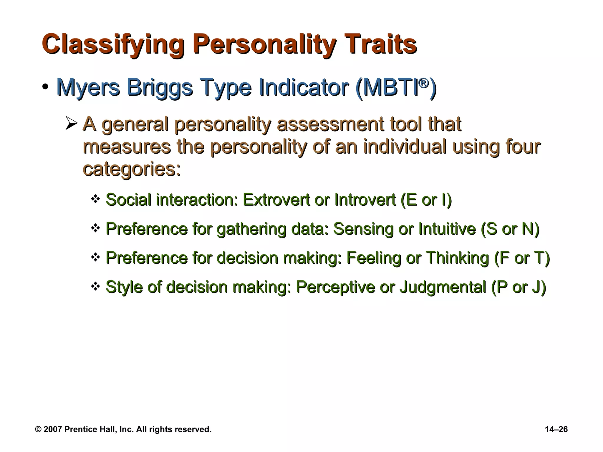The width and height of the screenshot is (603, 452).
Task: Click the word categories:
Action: click(x=132, y=169)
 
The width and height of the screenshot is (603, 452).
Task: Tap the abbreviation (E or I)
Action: click(x=426, y=200)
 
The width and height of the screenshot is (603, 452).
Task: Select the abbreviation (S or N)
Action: click(x=510, y=229)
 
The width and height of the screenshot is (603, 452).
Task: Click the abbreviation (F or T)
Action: click(x=522, y=258)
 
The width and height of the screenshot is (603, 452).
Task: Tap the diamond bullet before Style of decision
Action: click(x=95, y=286)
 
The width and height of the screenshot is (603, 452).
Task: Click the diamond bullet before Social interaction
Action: click(x=95, y=199)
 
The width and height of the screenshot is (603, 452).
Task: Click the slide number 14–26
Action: click(x=556, y=429)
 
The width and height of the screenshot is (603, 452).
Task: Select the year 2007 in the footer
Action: click(x=53, y=429)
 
